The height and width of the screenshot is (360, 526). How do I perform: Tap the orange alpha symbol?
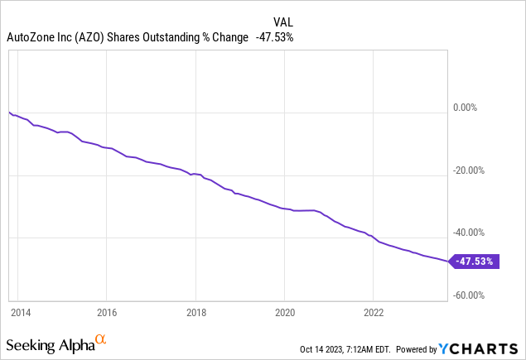pos(101,339)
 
